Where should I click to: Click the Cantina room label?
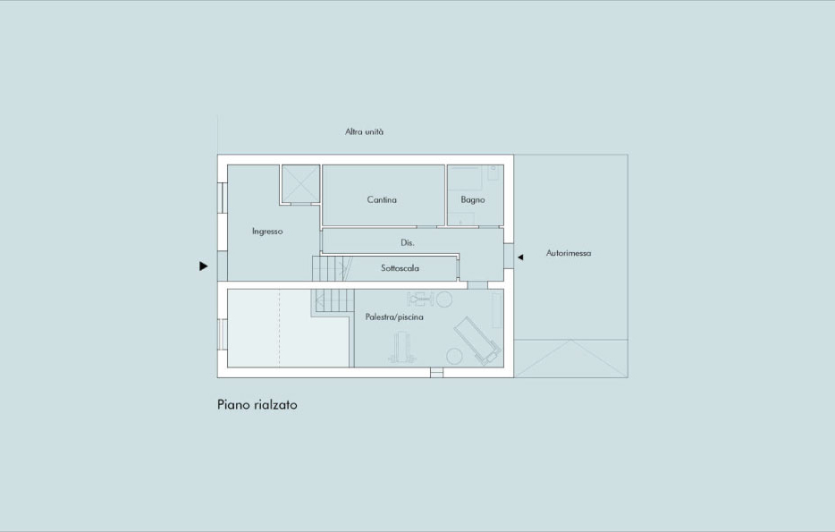point(382,199)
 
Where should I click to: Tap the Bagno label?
point(473,199)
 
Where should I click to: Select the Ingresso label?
point(267,231)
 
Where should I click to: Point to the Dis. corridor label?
point(408,242)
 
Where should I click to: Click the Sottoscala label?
point(400,268)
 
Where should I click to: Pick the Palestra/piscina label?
point(394,317)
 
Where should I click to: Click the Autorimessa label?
point(569,253)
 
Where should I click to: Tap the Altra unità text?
point(364,131)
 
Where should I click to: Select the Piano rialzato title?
point(257,405)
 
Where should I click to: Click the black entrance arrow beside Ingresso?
point(204,266)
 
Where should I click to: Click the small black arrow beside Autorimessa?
point(520,258)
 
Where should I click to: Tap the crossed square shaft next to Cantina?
point(300,183)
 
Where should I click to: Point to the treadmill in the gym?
point(477,341)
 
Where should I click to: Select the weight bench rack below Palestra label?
point(402,347)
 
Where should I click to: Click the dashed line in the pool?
point(279,328)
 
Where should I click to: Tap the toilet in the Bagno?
point(493,173)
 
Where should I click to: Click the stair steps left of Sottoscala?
point(333,268)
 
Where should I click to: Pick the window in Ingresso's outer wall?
point(222,198)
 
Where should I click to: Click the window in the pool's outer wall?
point(222,334)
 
